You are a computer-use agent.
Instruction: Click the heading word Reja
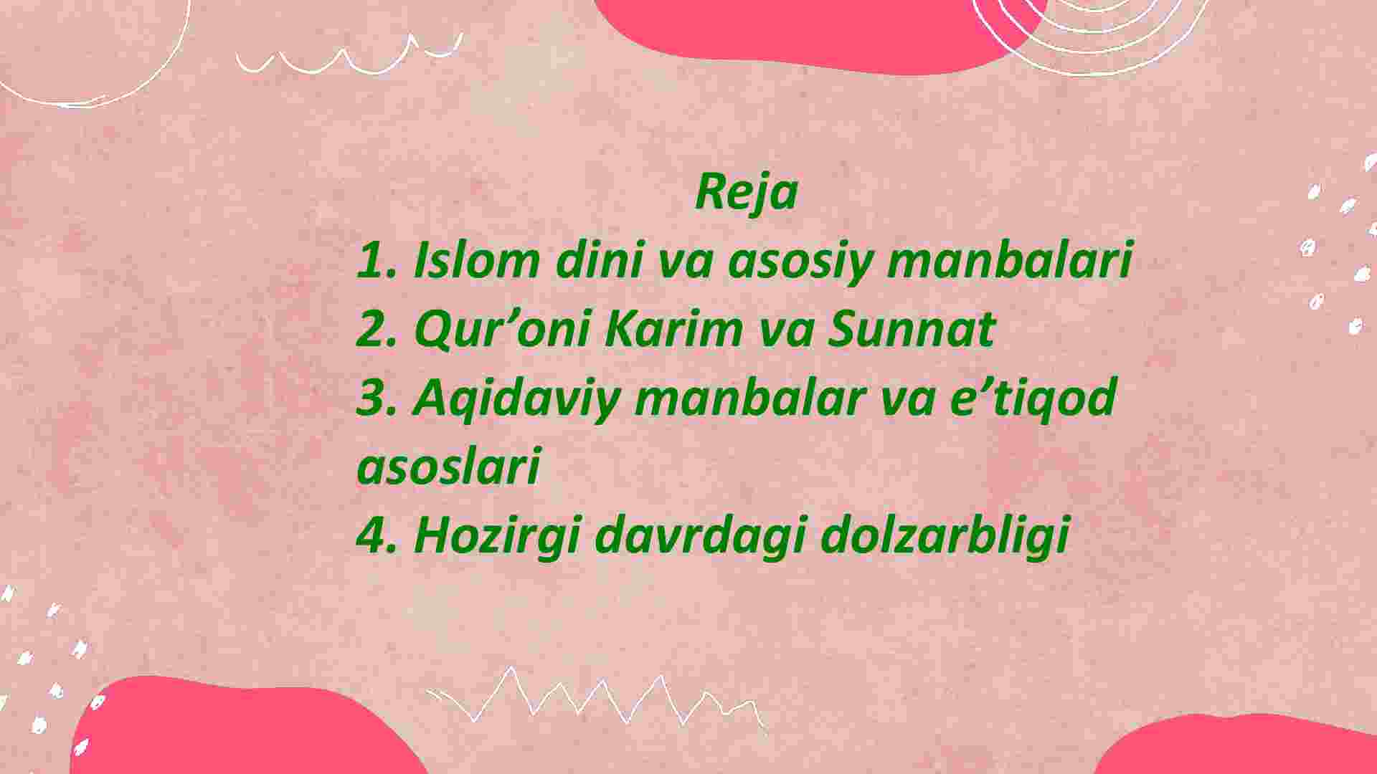point(746,193)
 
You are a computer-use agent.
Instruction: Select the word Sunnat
point(912,328)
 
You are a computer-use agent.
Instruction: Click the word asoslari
point(448,466)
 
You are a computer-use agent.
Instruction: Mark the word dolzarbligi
point(945,536)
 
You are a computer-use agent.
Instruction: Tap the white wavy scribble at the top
point(349,57)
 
